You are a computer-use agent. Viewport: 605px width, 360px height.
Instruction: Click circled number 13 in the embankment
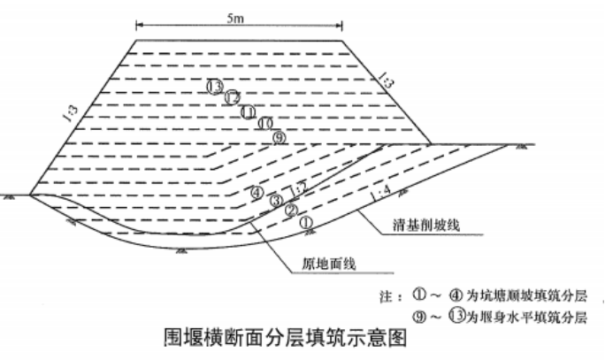pos(214,86)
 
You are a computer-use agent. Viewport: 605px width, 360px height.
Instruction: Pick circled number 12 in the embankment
pos(232,98)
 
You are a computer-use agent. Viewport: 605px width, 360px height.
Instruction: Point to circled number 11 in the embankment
pos(249,111)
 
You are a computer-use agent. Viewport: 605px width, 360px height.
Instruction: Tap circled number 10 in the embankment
pos(264,124)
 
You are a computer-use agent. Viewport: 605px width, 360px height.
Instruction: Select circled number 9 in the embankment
pos(280,137)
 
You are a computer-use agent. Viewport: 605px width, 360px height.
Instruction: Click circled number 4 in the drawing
pos(257,191)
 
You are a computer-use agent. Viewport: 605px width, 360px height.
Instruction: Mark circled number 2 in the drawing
pos(289,211)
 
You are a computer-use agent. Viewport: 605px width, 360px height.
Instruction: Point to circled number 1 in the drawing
pos(306,221)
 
